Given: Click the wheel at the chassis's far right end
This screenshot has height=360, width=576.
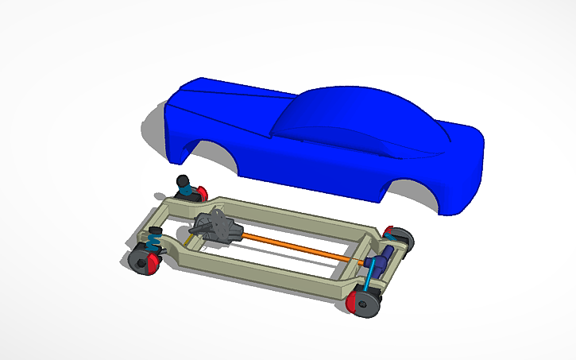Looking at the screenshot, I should (x=400, y=238).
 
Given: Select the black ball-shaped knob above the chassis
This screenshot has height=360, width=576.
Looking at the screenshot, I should (x=184, y=181).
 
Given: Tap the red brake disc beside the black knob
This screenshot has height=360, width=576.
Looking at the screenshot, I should (x=201, y=192).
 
